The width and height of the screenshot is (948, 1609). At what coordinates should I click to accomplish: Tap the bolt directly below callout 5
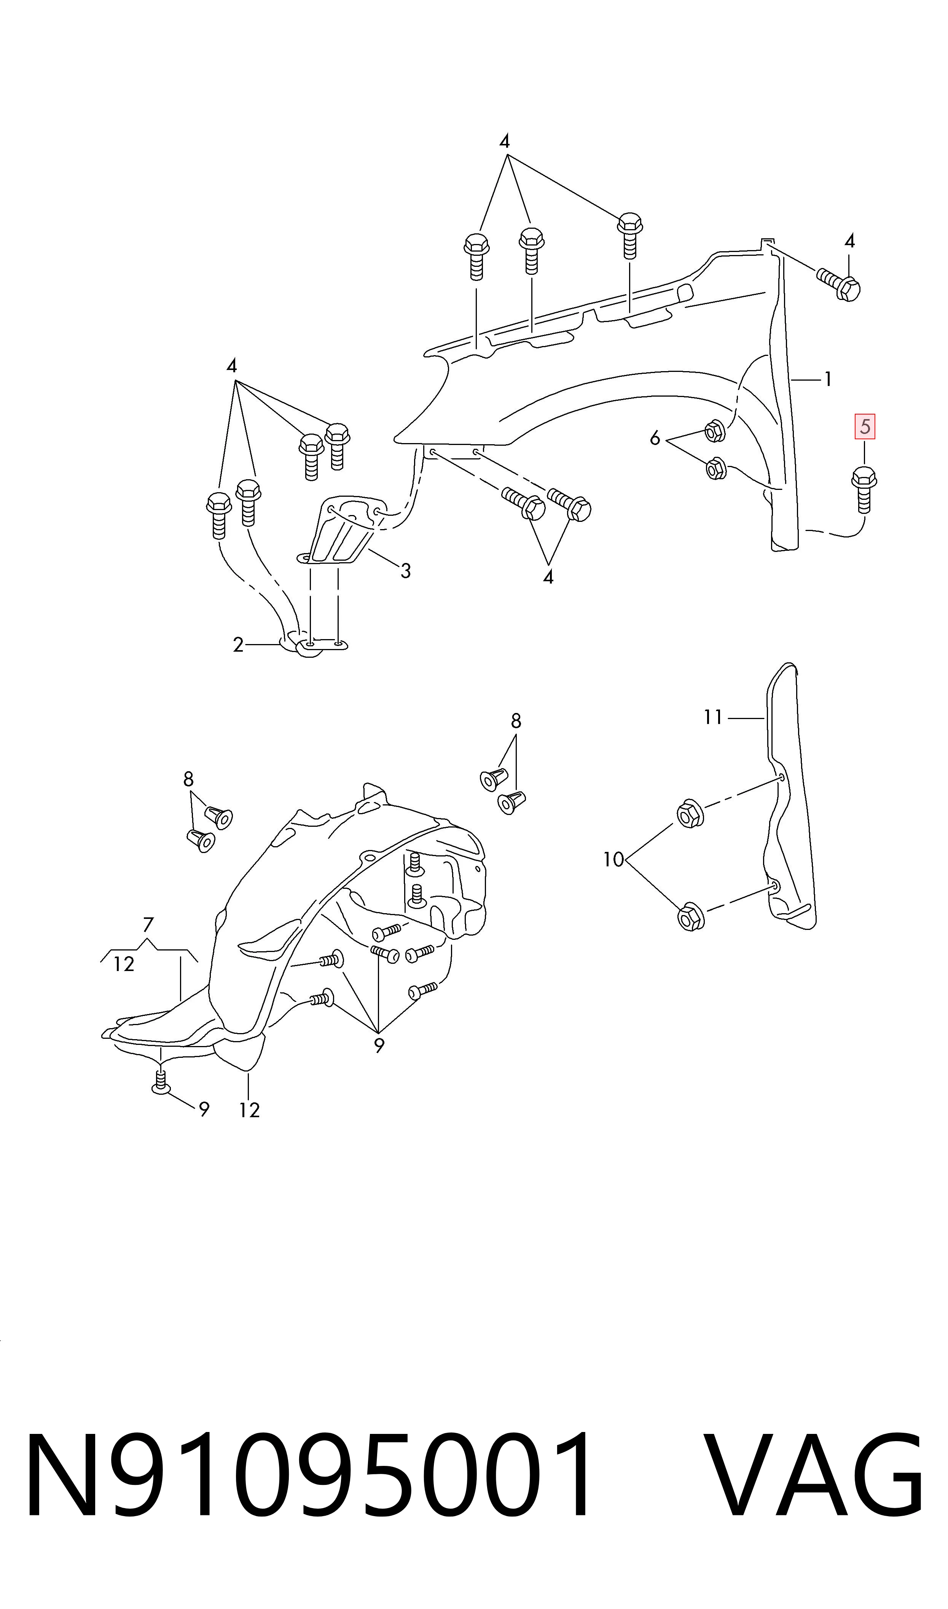coord(864,489)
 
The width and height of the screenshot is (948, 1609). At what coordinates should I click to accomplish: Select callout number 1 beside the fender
coord(828,380)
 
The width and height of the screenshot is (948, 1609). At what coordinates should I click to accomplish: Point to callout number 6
coord(655,439)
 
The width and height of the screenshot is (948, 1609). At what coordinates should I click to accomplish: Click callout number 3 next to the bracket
coord(406,571)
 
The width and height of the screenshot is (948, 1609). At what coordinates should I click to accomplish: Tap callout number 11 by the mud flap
coord(713,717)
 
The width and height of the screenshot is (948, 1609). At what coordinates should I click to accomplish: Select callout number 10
coord(613,860)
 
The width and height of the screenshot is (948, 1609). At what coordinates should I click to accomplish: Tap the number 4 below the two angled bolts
coord(548,577)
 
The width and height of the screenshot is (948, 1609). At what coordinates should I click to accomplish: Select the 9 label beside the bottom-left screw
coord(204,1110)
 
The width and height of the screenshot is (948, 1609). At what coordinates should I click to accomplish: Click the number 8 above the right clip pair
coord(516,721)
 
